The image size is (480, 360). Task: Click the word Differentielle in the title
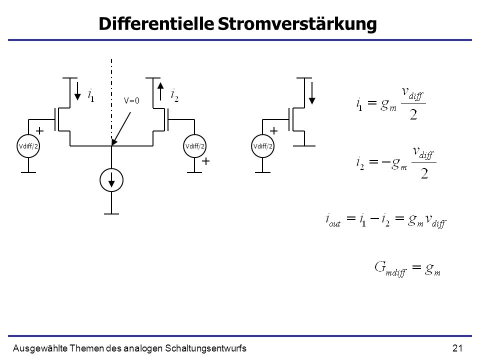[x=156, y=23]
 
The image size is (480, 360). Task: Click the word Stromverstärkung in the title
[x=297, y=24]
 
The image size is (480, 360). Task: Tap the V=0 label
[x=131, y=100]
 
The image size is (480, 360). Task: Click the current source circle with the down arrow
[x=111, y=180]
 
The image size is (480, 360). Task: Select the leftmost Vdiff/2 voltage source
[x=28, y=146]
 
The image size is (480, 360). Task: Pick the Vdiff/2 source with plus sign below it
[x=194, y=146]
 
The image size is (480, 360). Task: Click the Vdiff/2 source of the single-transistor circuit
[x=262, y=146]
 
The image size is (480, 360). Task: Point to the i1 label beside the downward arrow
[x=91, y=95]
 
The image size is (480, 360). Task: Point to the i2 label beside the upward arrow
[x=174, y=95]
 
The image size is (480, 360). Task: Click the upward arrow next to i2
[x=160, y=91]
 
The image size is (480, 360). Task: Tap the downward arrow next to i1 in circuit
[x=77, y=91]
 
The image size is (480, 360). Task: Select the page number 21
[x=457, y=348]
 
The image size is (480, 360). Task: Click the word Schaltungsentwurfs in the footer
[x=205, y=348]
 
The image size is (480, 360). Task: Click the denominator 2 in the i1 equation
[x=413, y=114]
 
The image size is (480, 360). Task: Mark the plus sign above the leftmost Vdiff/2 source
[x=40, y=131]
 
